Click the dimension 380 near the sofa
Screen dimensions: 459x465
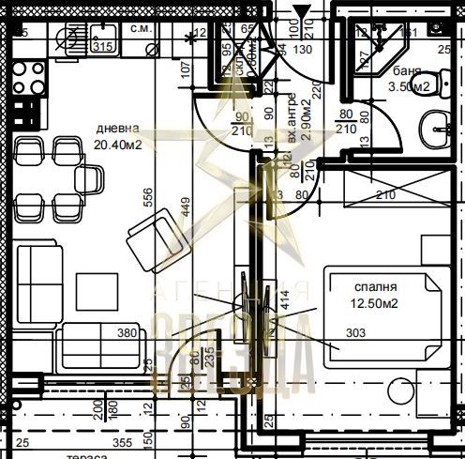[127, 331]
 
